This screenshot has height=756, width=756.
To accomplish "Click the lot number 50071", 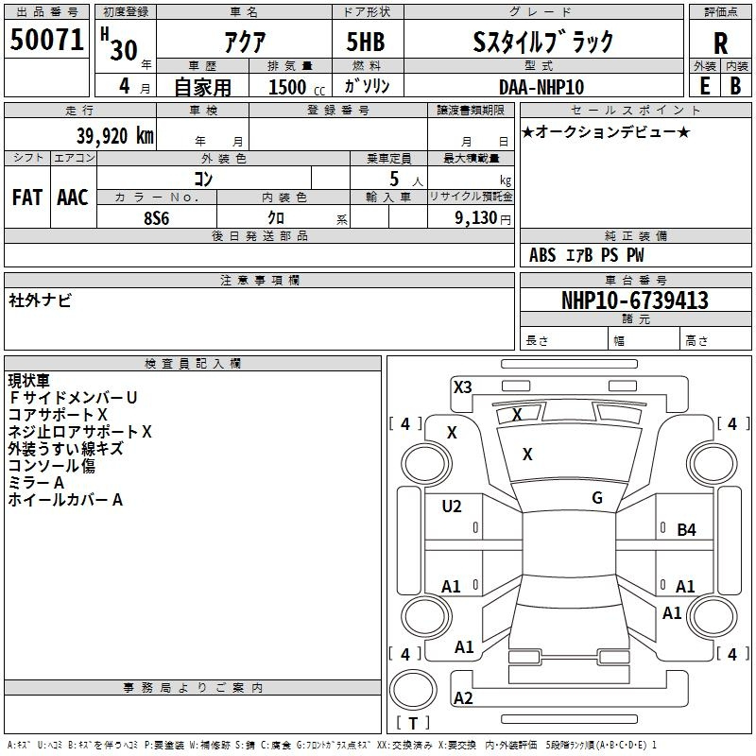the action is [46, 40].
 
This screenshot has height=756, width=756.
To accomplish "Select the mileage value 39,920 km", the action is [114, 136].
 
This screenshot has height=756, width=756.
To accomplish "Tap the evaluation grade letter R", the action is [720, 43].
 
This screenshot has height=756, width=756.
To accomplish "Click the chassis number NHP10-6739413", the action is [635, 300].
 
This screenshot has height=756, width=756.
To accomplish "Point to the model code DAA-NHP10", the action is [541, 87].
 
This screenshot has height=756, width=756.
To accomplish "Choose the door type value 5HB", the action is [366, 42].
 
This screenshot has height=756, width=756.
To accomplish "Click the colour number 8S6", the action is [157, 218].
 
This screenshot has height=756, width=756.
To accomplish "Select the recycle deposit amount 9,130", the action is [476, 218].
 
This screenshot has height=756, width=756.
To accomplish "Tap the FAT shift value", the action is [27, 198].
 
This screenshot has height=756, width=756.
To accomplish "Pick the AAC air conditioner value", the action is [73, 198].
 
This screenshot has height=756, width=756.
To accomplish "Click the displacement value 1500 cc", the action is [297, 87].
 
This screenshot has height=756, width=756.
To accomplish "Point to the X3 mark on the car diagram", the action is [462, 387].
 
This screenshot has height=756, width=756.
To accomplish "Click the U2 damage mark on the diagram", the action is [452, 507].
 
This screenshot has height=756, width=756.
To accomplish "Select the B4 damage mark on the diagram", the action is [687, 530].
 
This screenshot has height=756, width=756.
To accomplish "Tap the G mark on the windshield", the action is [597, 498].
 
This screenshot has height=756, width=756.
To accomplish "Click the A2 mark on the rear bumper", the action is [463, 698].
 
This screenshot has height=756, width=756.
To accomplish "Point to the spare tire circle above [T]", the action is [413, 690].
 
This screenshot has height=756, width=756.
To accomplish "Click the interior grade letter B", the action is [735, 86].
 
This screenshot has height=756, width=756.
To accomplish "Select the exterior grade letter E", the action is [704, 86].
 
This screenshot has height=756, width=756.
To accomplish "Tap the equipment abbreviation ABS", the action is [542, 255].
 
